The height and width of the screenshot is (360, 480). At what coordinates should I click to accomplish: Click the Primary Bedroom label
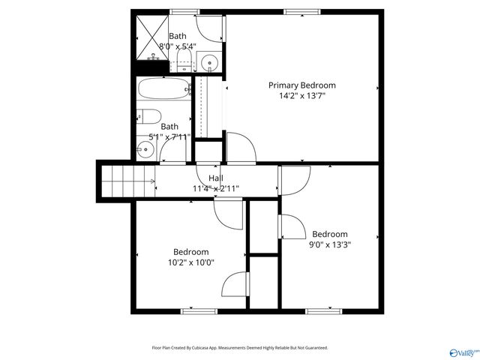click(302, 85)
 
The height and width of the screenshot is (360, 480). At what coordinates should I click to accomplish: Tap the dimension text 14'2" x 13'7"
click(302, 96)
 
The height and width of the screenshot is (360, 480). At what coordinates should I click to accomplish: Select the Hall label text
click(216, 178)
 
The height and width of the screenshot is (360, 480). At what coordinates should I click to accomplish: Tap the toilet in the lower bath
click(147, 117)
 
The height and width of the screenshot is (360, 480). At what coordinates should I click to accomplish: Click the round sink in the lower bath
click(145, 148)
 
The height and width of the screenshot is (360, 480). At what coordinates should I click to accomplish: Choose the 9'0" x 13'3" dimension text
click(331, 244)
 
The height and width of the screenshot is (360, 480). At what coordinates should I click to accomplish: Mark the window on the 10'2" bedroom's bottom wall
click(194, 310)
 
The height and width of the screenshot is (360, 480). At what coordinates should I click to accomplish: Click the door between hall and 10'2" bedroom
click(228, 214)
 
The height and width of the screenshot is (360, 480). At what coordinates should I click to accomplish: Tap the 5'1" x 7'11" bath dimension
click(170, 137)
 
